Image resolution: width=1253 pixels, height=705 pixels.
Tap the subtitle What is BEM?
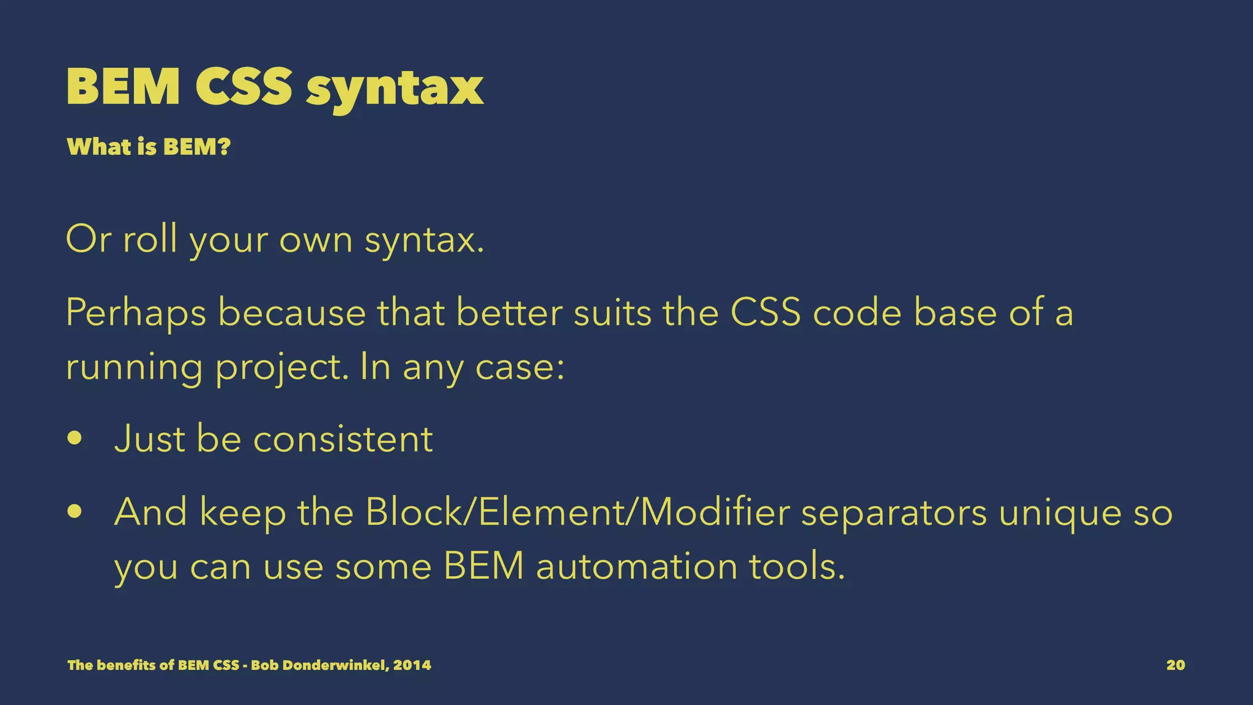tap(149, 147)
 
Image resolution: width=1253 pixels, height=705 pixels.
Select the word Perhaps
tap(136, 313)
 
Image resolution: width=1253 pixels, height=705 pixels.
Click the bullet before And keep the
tap(75, 512)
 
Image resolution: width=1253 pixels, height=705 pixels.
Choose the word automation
tap(636, 566)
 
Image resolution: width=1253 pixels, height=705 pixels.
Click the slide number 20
tap(1175, 665)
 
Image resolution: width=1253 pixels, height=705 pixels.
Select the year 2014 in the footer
tap(412, 665)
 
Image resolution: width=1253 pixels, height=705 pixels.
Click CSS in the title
tap(244, 87)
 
